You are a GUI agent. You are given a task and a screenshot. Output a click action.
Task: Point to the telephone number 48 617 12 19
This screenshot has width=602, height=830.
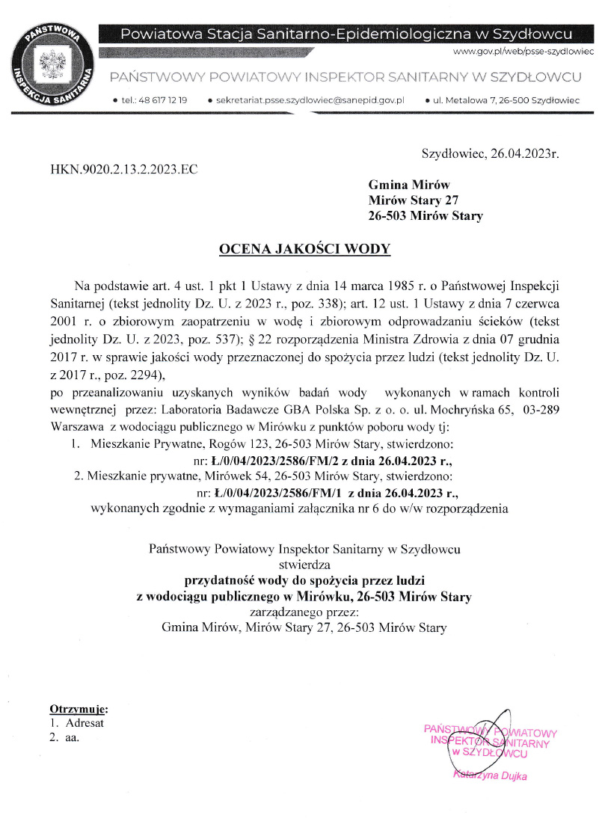pyautogui.click(x=160, y=99)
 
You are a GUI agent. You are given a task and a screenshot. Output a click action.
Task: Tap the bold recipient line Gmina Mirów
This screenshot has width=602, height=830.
pyautogui.click(x=409, y=185)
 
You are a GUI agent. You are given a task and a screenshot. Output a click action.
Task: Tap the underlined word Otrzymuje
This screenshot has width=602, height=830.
pyautogui.click(x=78, y=708)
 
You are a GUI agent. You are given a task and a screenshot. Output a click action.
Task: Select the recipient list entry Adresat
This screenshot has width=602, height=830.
pyautogui.click(x=85, y=723)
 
